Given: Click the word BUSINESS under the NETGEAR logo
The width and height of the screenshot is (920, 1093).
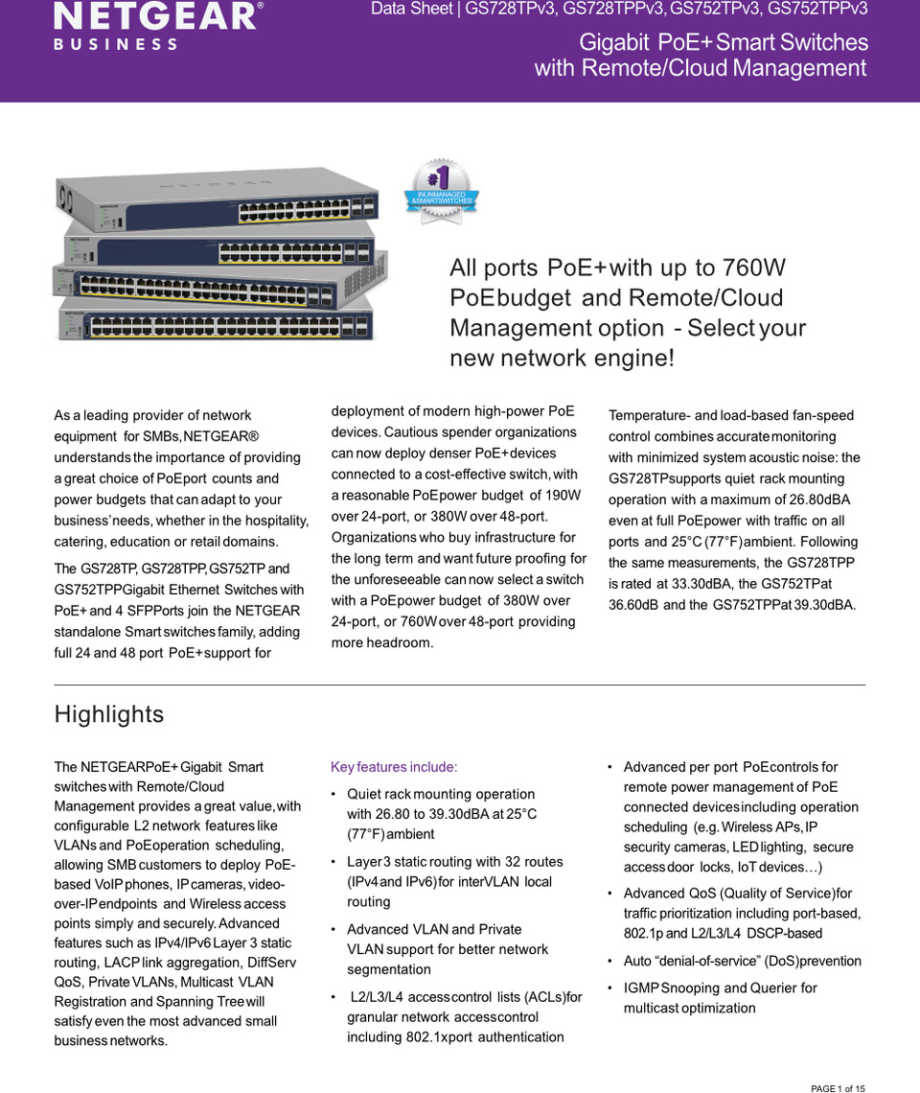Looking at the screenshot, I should (115, 44).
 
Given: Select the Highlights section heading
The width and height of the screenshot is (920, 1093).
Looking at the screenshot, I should (109, 714).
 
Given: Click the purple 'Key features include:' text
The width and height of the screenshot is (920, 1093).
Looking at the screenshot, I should (394, 767).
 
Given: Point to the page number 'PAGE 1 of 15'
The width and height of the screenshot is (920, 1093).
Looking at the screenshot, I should (838, 1088).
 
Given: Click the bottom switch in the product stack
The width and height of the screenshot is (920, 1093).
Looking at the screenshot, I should (216, 324).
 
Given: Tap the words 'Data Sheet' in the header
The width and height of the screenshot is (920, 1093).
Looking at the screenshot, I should (411, 10).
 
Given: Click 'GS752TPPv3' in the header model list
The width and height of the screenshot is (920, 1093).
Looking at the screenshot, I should (817, 10).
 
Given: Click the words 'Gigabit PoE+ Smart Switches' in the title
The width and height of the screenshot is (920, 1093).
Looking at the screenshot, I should (724, 42).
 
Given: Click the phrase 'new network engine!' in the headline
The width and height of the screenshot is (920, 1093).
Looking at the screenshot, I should (563, 359).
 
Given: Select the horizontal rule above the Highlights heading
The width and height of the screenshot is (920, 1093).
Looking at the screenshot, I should (459, 685).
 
